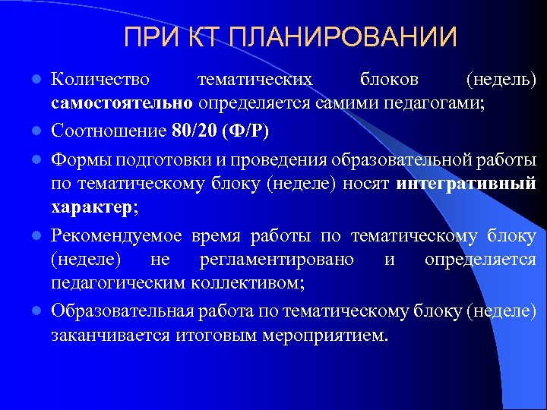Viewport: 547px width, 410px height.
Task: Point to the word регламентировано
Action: [277, 260]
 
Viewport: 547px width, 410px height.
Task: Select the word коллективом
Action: [254, 283]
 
